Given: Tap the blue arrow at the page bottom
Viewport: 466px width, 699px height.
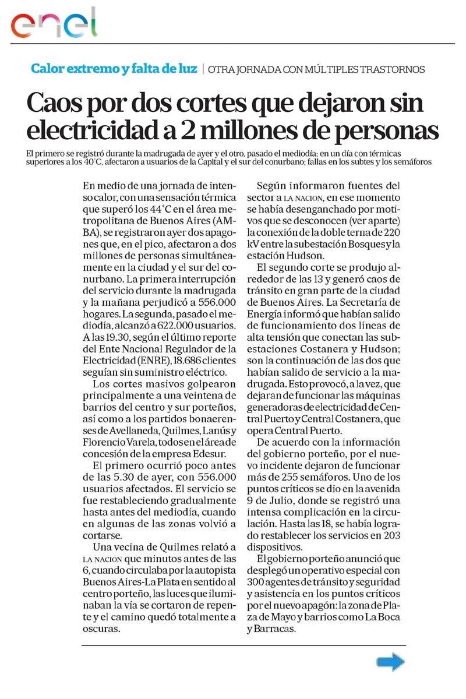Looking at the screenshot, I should pos(390,661).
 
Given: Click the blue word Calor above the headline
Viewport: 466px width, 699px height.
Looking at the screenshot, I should pos(48,69).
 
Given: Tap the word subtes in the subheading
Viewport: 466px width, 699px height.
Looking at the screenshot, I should pos(356,162).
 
